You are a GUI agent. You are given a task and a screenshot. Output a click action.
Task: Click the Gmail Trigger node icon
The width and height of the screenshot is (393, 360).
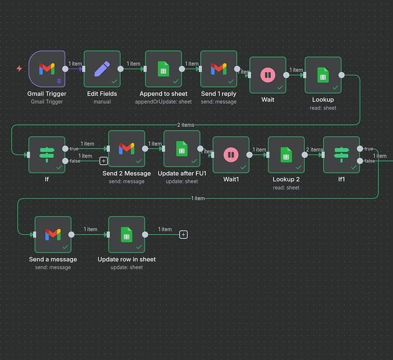47,68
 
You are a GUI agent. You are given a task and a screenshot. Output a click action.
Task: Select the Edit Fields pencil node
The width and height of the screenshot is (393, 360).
102,68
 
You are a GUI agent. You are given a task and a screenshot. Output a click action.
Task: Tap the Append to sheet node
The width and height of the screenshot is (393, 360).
163,68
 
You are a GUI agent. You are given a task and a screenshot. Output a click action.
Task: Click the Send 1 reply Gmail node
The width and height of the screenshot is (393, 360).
219,68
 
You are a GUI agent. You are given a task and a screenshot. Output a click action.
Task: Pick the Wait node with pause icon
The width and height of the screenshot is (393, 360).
267,75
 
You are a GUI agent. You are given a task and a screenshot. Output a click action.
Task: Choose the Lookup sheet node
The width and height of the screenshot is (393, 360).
323,75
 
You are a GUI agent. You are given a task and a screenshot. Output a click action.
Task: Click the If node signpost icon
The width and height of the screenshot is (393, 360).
47,154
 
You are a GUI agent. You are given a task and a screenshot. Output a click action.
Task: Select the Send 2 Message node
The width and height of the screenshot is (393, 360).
126,148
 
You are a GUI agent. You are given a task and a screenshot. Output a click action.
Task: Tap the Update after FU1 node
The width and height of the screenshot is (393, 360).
182,148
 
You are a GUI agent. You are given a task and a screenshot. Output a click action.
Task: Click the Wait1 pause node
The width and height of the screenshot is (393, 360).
231,155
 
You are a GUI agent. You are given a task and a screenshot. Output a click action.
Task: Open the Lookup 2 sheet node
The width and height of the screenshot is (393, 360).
286,155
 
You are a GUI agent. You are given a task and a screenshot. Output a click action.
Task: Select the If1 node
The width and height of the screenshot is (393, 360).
341,155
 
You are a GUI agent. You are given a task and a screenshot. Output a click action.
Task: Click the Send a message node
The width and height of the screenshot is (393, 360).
53,234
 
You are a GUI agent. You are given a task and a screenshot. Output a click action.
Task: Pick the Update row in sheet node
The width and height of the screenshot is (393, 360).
127,234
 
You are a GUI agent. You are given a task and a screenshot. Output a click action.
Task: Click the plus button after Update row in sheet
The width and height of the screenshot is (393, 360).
183,234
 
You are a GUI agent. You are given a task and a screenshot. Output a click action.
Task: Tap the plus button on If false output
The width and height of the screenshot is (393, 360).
104,161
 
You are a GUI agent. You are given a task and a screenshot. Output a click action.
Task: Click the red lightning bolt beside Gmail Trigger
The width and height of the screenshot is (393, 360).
19,69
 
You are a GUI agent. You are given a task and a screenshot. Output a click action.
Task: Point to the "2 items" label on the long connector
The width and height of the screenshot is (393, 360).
186,125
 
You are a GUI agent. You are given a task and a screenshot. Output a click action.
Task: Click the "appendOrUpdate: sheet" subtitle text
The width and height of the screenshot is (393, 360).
163,101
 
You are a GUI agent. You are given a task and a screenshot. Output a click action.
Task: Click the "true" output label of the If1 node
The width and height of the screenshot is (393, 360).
369,149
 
